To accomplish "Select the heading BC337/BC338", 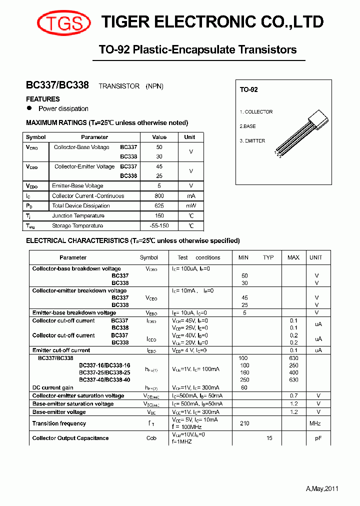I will (57, 85).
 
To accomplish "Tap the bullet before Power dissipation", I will (29, 108).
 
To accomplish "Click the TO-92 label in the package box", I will (248, 89).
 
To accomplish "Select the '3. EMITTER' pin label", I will (252, 141).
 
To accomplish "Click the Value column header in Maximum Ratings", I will (159, 137).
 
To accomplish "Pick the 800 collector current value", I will (159, 196).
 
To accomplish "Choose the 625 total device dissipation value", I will (159, 206).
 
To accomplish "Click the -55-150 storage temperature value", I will (159, 226).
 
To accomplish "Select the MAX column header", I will (293, 257).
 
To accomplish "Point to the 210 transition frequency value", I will (244, 423).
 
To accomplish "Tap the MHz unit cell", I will (316, 423).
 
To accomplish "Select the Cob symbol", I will (151, 438).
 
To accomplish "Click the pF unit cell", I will (317, 438).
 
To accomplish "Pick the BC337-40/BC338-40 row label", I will (104, 380).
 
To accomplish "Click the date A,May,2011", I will (322, 489).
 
